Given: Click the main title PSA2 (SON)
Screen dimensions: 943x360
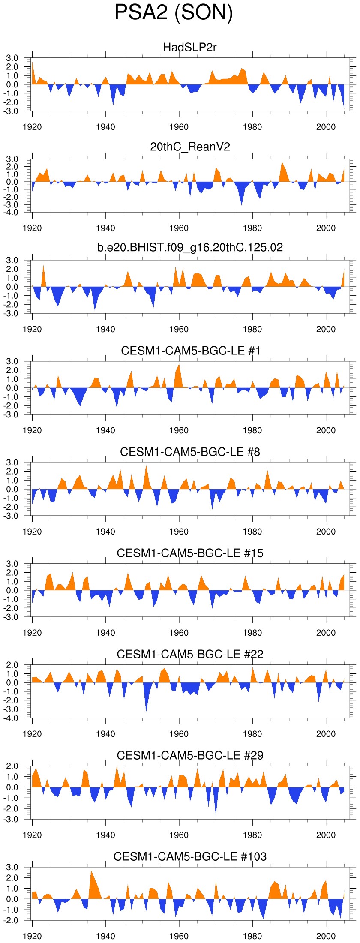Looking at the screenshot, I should point(174,13).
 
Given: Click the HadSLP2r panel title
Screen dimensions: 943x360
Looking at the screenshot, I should point(190,47).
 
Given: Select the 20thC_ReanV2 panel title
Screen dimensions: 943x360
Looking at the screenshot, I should point(190,147).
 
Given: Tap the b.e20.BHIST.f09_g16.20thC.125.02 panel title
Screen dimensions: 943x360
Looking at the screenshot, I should point(190,247).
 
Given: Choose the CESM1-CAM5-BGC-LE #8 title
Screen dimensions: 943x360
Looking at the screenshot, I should point(190,452).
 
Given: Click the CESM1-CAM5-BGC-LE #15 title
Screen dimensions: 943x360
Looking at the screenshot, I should point(190,553).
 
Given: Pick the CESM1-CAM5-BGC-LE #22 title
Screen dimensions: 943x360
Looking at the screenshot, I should point(190,654).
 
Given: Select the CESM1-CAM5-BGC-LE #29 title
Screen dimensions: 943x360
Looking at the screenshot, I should point(190,755).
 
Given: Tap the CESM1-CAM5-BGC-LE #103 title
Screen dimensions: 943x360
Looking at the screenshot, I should point(190,856).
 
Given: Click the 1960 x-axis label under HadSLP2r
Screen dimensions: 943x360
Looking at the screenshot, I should point(179,127).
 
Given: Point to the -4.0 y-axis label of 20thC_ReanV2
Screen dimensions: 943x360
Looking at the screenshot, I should point(12,212).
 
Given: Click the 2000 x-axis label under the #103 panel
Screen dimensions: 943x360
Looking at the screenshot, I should point(326,936).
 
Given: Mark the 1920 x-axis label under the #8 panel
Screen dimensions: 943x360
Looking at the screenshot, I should point(32,532).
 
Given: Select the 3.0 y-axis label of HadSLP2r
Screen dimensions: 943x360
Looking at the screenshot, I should point(12,58).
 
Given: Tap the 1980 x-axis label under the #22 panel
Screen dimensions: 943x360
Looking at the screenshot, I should point(252,734).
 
